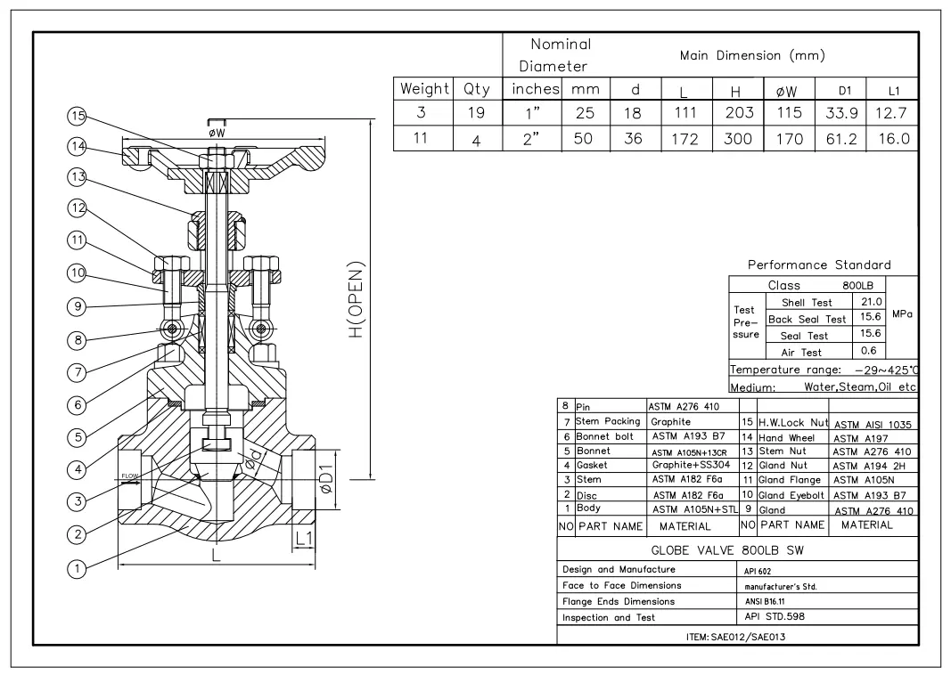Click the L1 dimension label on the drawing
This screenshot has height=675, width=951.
tap(303, 537)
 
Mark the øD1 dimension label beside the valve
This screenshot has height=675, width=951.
tap(327, 479)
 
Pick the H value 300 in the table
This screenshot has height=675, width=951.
tap(738, 139)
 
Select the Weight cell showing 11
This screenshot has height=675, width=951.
tap(422, 139)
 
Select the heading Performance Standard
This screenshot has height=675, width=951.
tap(818, 265)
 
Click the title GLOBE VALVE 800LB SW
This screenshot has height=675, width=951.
tap(728, 550)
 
